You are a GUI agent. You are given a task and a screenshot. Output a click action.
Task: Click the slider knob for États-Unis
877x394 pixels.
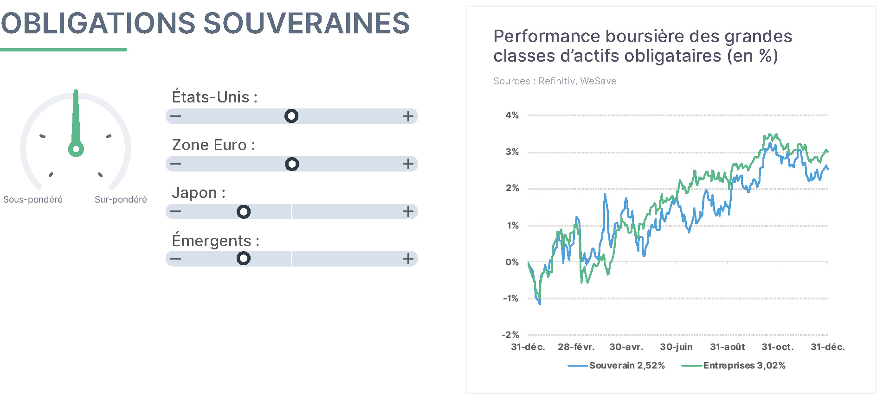[x=291, y=116]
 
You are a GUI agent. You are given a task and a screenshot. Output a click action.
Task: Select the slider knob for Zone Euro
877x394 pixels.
[x=292, y=164]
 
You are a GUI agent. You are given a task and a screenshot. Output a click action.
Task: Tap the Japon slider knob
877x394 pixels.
[x=244, y=212]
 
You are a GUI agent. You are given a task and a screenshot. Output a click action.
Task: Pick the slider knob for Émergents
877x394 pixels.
[x=244, y=258]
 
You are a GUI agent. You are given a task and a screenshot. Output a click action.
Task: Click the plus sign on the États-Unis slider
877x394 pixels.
[x=408, y=116]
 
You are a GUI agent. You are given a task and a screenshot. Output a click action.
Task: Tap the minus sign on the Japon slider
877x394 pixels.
[x=175, y=212]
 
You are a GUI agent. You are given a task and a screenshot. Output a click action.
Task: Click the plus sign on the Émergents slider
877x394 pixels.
[x=408, y=259]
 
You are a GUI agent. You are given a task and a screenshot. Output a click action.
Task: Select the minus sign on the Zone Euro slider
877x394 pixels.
[x=175, y=164]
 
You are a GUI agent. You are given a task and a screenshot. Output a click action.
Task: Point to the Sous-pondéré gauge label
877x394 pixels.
[x=33, y=199]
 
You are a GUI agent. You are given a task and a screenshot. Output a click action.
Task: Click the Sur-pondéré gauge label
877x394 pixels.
[x=121, y=199]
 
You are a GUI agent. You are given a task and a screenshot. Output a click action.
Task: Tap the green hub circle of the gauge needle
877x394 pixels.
[x=76, y=149]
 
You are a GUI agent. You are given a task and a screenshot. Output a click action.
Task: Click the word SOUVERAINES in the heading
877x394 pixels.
[x=307, y=23]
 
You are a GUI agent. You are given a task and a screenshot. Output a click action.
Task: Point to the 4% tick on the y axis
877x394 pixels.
[x=512, y=115]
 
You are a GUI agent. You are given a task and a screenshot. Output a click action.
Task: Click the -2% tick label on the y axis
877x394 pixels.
[x=510, y=335]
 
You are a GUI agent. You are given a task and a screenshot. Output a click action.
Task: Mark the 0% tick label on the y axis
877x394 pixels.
[x=512, y=262]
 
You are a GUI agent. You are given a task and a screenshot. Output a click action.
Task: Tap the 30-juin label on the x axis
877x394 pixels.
[x=676, y=347]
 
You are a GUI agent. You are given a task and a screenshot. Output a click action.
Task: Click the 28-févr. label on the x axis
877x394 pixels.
[x=576, y=347]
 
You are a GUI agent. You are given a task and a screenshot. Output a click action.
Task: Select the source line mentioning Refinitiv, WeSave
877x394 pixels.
[x=555, y=81]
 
